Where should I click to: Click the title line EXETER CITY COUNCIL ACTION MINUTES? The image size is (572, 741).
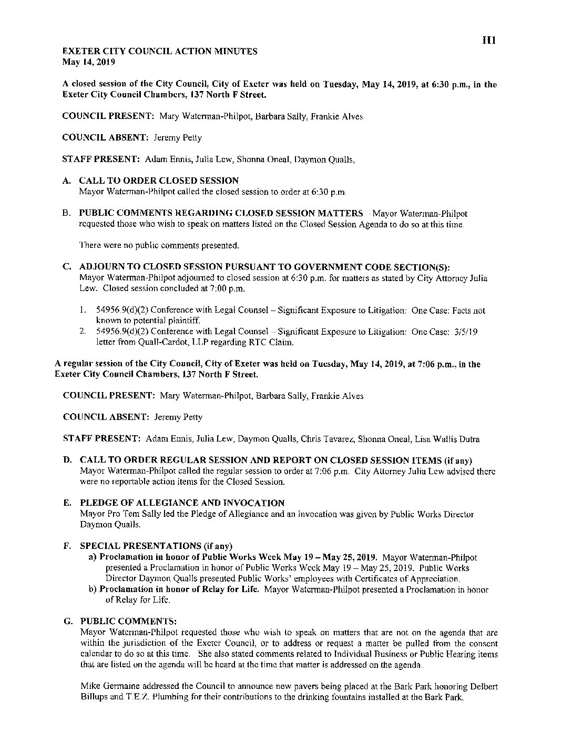160,52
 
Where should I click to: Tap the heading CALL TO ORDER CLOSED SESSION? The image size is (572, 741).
159,181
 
